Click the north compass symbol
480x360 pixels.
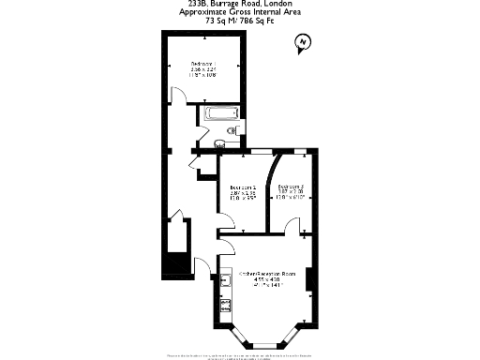pos(301,42)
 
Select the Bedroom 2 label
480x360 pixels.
pos(243,187)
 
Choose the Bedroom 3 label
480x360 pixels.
pos(290,187)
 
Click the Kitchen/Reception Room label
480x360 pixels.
pos(266,273)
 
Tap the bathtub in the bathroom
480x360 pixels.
pos(224,116)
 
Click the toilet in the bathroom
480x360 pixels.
pos(220,143)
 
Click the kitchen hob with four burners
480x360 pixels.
pos(225,305)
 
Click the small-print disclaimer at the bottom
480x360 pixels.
pos(240,356)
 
